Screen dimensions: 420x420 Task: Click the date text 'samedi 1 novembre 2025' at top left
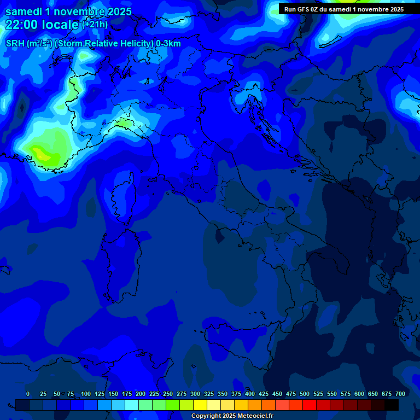(68, 11)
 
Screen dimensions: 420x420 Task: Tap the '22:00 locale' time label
(43, 25)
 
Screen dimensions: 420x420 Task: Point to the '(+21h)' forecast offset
(95, 24)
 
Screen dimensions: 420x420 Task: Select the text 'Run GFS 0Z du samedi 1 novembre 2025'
(343, 9)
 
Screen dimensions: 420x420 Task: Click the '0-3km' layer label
(168, 44)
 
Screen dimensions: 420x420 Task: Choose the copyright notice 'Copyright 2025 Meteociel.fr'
(231, 416)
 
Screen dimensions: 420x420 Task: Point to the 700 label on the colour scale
(400, 394)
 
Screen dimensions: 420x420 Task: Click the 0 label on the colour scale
(28, 394)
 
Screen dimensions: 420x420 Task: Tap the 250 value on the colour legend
(168, 394)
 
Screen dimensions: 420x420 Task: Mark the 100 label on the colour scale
(86, 394)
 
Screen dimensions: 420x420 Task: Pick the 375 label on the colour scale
(236, 394)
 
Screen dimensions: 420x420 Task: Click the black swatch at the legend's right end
(392, 405)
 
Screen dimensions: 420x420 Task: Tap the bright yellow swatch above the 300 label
(200, 405)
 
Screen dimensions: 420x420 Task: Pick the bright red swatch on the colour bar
(310, 405)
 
